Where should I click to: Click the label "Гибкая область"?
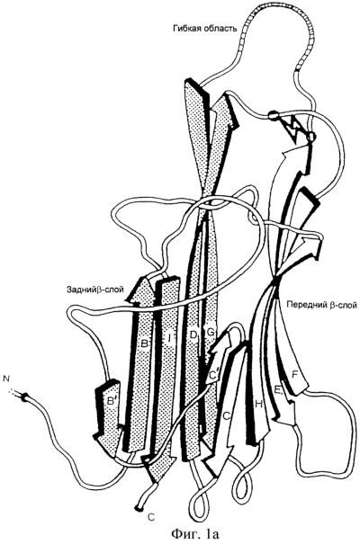point(205,28)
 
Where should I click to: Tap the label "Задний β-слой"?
point(96,289)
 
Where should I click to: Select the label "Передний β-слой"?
point(322,305)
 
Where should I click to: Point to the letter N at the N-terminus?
point(6,378)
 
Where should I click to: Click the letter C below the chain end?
point(151,517)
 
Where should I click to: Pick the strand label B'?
point(111,402)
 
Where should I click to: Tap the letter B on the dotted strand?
point(144,344)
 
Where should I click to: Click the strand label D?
point(193,334)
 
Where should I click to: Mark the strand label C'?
point(213,375)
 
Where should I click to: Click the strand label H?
point(258,404)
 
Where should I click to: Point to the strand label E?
point(278,390)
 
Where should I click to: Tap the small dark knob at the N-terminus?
point(24,397)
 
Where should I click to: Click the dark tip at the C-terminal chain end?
point(139,509)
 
